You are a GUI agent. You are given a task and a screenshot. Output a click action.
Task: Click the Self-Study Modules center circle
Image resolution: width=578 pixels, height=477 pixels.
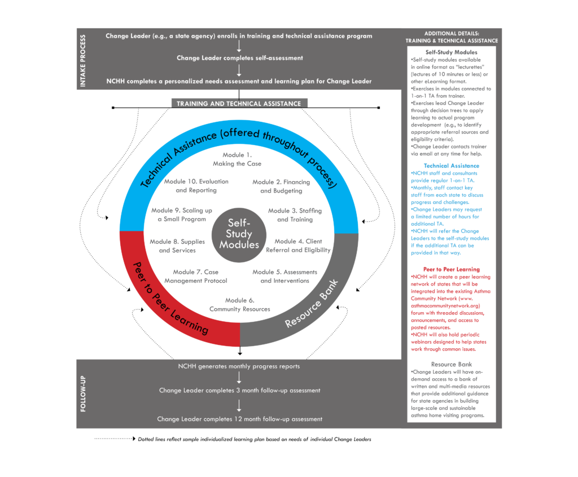click(x=239, y=235)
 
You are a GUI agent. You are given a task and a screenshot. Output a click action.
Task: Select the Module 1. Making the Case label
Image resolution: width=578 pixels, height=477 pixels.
click(x=237, y=159)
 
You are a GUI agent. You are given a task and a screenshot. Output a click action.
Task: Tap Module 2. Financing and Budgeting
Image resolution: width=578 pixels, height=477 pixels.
click(x=281, y=186)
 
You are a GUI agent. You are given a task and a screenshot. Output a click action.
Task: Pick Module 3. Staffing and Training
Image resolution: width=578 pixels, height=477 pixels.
click(x=295, y=215)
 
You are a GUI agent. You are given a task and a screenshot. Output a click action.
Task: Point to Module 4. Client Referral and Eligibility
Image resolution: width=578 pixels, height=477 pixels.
click(x=298, y=246)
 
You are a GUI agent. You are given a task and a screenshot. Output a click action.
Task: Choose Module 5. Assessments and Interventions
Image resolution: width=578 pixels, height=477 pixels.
click(x=284, y=276)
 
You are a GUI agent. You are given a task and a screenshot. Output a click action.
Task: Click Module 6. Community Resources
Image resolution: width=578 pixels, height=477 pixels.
click(x=239, y=304)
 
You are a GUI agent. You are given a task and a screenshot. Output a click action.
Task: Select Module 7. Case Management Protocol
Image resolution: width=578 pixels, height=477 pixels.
click(x=196, y=276)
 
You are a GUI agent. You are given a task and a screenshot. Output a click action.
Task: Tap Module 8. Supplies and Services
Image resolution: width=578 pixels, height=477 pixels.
click(x=177, y=246)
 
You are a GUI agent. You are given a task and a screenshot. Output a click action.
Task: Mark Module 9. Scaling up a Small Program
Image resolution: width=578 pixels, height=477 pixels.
click(x=182, y=215)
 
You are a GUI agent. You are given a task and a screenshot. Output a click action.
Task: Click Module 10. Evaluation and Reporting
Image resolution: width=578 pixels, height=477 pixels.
click(x=196, y=186)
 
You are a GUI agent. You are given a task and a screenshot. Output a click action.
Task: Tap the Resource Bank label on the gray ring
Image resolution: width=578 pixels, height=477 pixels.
click(x=312, y=303)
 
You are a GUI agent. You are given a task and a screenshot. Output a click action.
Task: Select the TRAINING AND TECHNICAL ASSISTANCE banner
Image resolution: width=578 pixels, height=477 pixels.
click(x=239, y=103)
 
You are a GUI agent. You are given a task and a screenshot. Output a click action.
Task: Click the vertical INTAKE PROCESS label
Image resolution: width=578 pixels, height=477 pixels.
click(x=83, y=60)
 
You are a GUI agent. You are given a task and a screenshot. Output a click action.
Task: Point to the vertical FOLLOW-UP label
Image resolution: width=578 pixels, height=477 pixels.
click(x=83, y=393)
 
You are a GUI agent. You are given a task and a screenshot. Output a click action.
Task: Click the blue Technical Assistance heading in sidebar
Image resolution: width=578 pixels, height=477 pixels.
click(x=451, y=166)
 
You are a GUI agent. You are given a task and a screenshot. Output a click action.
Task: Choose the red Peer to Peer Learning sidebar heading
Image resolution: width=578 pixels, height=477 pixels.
click(x=451, y=269)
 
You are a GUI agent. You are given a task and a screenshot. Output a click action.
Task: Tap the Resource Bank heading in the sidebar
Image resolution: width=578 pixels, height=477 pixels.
click(x=451, y=364)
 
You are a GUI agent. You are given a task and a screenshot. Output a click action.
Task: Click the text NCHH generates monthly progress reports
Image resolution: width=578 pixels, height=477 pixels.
click(x=239, y=366)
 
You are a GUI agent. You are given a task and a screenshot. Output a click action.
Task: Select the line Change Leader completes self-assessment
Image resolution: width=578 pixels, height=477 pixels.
click(x=239, y=58)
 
